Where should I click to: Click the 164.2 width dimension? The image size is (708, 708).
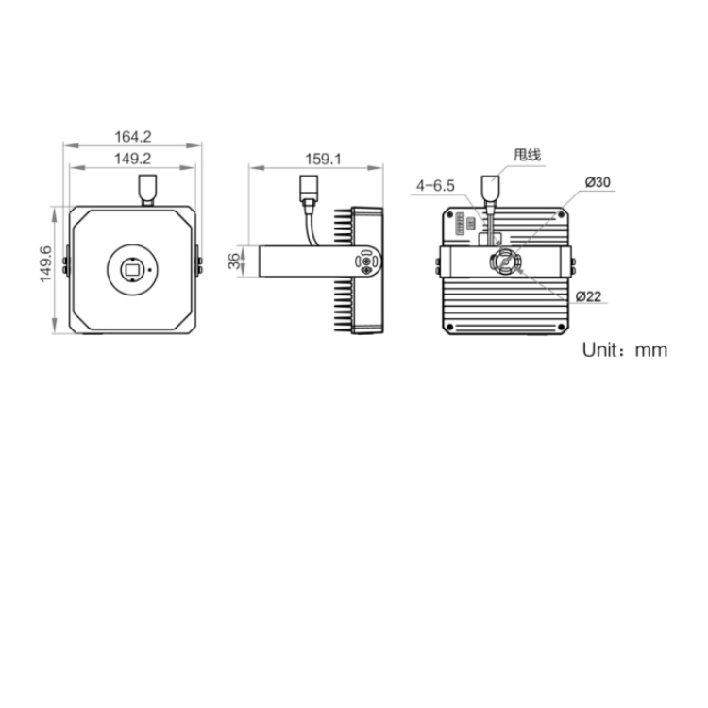point(133,136)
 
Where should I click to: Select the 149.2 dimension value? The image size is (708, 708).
point(132,159)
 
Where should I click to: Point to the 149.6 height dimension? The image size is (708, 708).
point(46,264)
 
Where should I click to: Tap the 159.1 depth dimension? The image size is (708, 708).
point(323,159)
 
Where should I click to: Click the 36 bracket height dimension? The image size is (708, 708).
point(234,261)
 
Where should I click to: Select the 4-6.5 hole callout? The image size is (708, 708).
point(435,186)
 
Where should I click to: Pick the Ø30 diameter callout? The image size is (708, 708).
point(598,182)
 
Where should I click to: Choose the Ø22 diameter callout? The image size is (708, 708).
point(588,296)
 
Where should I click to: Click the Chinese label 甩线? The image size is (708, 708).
point(527,155)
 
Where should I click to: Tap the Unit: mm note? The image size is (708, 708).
point(625,350)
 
